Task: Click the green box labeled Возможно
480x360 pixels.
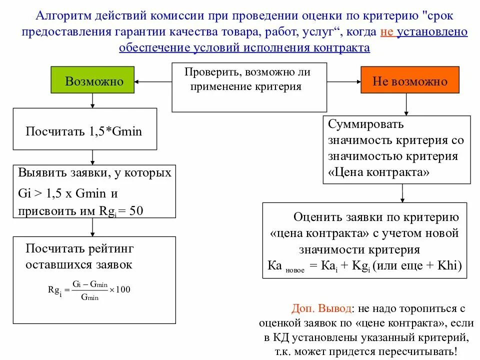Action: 92,80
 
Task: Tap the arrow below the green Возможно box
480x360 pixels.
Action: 93,100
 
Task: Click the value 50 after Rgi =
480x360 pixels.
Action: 136,211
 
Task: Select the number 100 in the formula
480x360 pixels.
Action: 123,289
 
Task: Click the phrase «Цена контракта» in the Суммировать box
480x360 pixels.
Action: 379,173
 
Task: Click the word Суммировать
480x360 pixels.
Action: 365,123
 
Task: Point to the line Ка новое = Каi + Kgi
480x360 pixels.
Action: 364,265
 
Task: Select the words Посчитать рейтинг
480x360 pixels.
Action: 79,248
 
